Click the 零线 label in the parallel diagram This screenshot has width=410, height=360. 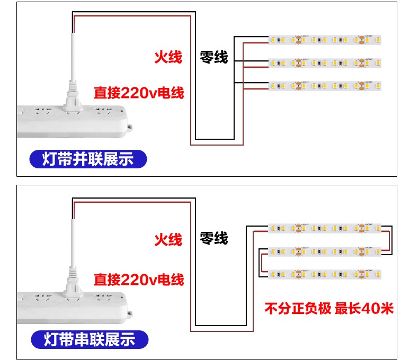213,57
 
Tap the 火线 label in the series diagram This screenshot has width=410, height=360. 168,240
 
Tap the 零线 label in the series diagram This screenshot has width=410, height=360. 213,239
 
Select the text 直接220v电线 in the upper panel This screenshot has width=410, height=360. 139,93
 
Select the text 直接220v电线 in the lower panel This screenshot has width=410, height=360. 139,279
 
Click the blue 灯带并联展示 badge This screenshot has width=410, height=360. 88,159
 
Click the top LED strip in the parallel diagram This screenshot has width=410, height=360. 325,40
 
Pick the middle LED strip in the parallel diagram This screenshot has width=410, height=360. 325,62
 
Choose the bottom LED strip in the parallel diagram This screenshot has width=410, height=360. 325,85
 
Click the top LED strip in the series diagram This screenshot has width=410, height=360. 325,228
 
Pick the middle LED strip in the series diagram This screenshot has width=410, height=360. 325,251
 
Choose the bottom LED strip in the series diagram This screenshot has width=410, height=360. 325,274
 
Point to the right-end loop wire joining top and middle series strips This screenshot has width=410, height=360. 391,239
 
